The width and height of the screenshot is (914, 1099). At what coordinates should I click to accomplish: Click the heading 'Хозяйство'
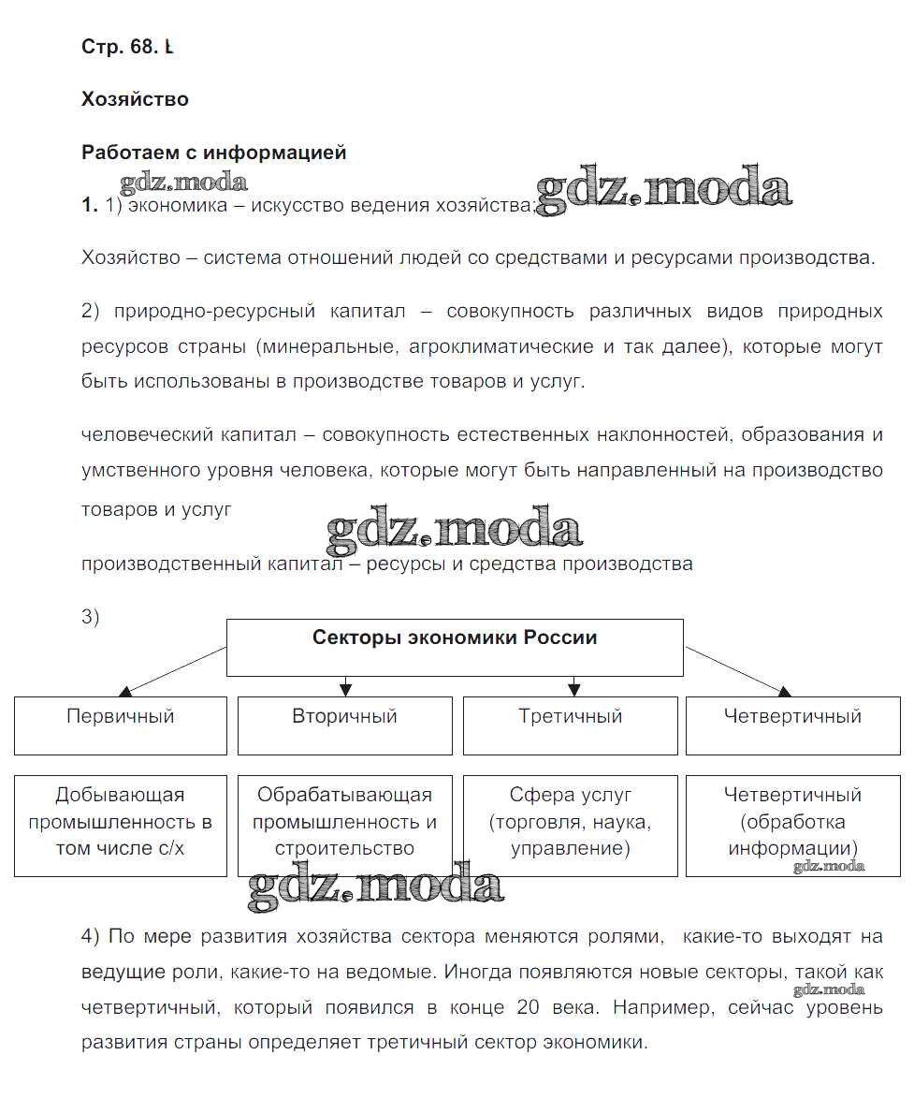pos(135,99)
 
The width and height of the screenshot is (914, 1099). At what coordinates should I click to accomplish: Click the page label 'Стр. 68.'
pos(121,48)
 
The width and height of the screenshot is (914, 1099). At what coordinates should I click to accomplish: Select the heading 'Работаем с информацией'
pos(214,153)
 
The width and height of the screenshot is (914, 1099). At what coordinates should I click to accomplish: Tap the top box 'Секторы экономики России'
pos(455,647)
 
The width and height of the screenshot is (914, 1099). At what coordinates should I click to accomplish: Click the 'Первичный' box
pos(121,725)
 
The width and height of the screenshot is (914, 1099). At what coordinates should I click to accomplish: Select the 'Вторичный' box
pos(345,725)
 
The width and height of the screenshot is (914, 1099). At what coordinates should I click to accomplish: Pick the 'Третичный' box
pos(570,725)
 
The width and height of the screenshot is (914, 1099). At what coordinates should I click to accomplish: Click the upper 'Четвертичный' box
pos(793,725)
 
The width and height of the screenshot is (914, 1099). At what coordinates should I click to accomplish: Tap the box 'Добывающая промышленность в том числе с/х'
pos(121,825)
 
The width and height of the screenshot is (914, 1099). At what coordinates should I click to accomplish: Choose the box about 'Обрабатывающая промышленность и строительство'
pos(345,825)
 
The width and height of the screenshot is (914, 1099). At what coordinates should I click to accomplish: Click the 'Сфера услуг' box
pos(570,825)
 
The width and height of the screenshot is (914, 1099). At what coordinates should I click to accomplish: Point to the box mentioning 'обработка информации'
pos(793,825)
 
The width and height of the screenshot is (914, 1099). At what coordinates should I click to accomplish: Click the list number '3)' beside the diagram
pos(91,617)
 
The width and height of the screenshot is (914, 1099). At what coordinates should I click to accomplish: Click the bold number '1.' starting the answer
pos(90,206)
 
